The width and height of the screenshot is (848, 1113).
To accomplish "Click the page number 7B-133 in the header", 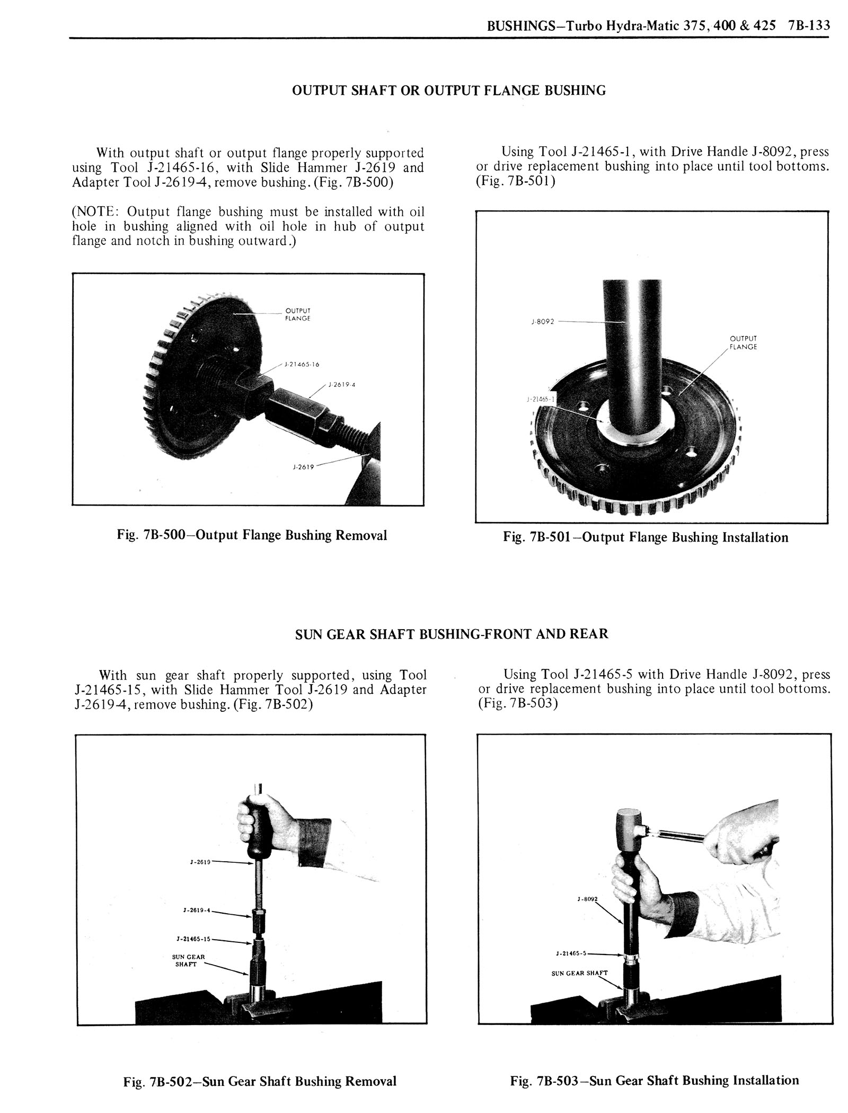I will pos(809,25).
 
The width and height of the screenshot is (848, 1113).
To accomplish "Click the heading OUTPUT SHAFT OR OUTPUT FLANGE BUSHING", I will pos(449,91).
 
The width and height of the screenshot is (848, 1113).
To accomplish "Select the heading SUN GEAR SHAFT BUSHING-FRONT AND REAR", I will pos(452,633).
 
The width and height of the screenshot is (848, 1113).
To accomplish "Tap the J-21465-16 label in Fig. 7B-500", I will pos(302,365).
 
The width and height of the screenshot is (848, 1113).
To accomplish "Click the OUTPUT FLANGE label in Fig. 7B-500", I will pos(297,314).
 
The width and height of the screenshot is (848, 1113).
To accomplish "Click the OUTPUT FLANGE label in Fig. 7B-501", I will pos(743,342).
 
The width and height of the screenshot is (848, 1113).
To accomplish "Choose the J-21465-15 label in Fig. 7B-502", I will pos(193,939).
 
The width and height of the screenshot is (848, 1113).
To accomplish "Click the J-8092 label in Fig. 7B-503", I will pos(587,899).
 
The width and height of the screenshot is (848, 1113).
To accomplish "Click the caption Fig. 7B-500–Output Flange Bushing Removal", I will pos(252,535).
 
